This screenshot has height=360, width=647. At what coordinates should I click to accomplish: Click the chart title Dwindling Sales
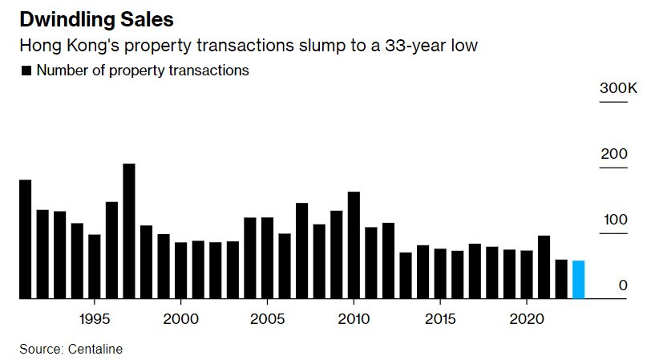click(x=95, y=18)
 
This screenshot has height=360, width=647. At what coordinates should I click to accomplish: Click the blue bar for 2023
click(x=578, y=279)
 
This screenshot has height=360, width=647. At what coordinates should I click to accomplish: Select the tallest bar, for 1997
click(x=128, y=231)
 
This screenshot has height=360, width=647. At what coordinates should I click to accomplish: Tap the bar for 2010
click(x=353, y=245)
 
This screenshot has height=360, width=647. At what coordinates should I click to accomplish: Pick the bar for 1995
click(x=94, y=266)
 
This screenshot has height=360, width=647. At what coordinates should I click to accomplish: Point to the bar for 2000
click(x=180, y=270)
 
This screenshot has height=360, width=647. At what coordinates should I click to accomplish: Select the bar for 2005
click(x=267, y=257)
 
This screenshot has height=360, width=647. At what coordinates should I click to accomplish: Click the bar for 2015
click(x=439, y=273)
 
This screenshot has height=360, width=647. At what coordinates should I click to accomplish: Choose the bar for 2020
click(x=526, y=274)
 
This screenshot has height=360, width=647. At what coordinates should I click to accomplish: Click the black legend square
click(x=26, y=71)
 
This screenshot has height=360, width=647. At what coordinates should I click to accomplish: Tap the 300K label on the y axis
click(x=617, y=88)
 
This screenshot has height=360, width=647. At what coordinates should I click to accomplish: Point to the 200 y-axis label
click(x=613, y=154)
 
